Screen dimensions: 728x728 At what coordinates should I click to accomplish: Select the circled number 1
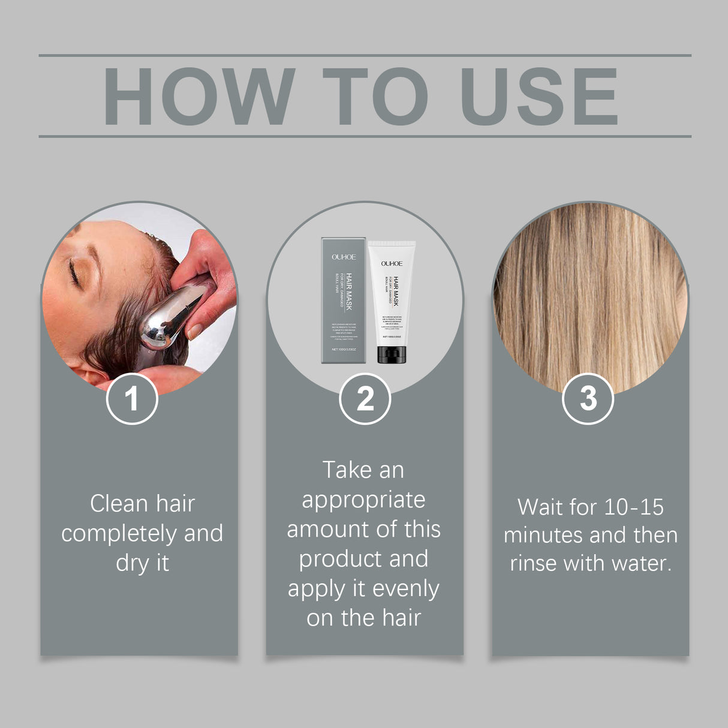[x=132, y=398]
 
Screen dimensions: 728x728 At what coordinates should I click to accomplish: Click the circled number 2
[x=365, y=398]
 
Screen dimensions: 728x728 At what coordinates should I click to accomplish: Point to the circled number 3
[x=588, y=398]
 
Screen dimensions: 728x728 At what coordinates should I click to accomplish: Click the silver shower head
[x=171, y=318]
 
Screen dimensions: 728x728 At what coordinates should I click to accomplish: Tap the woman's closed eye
[x=74, y=273]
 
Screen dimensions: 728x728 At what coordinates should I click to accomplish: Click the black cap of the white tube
[x=392, y=354]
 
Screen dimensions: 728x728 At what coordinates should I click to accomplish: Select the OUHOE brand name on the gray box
[x=344, y=257]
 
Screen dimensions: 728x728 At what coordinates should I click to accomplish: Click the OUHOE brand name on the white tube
[x=392, y=263]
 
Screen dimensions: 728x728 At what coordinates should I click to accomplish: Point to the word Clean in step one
[x=117, y=504]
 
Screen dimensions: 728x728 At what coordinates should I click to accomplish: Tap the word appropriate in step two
[x=363, y=500]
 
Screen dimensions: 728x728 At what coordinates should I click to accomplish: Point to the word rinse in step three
[x=533, y=563]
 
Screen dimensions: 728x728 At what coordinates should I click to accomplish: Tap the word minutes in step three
[x=543, y=535]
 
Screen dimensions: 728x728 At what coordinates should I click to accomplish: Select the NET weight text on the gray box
[x=344, y=349]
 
